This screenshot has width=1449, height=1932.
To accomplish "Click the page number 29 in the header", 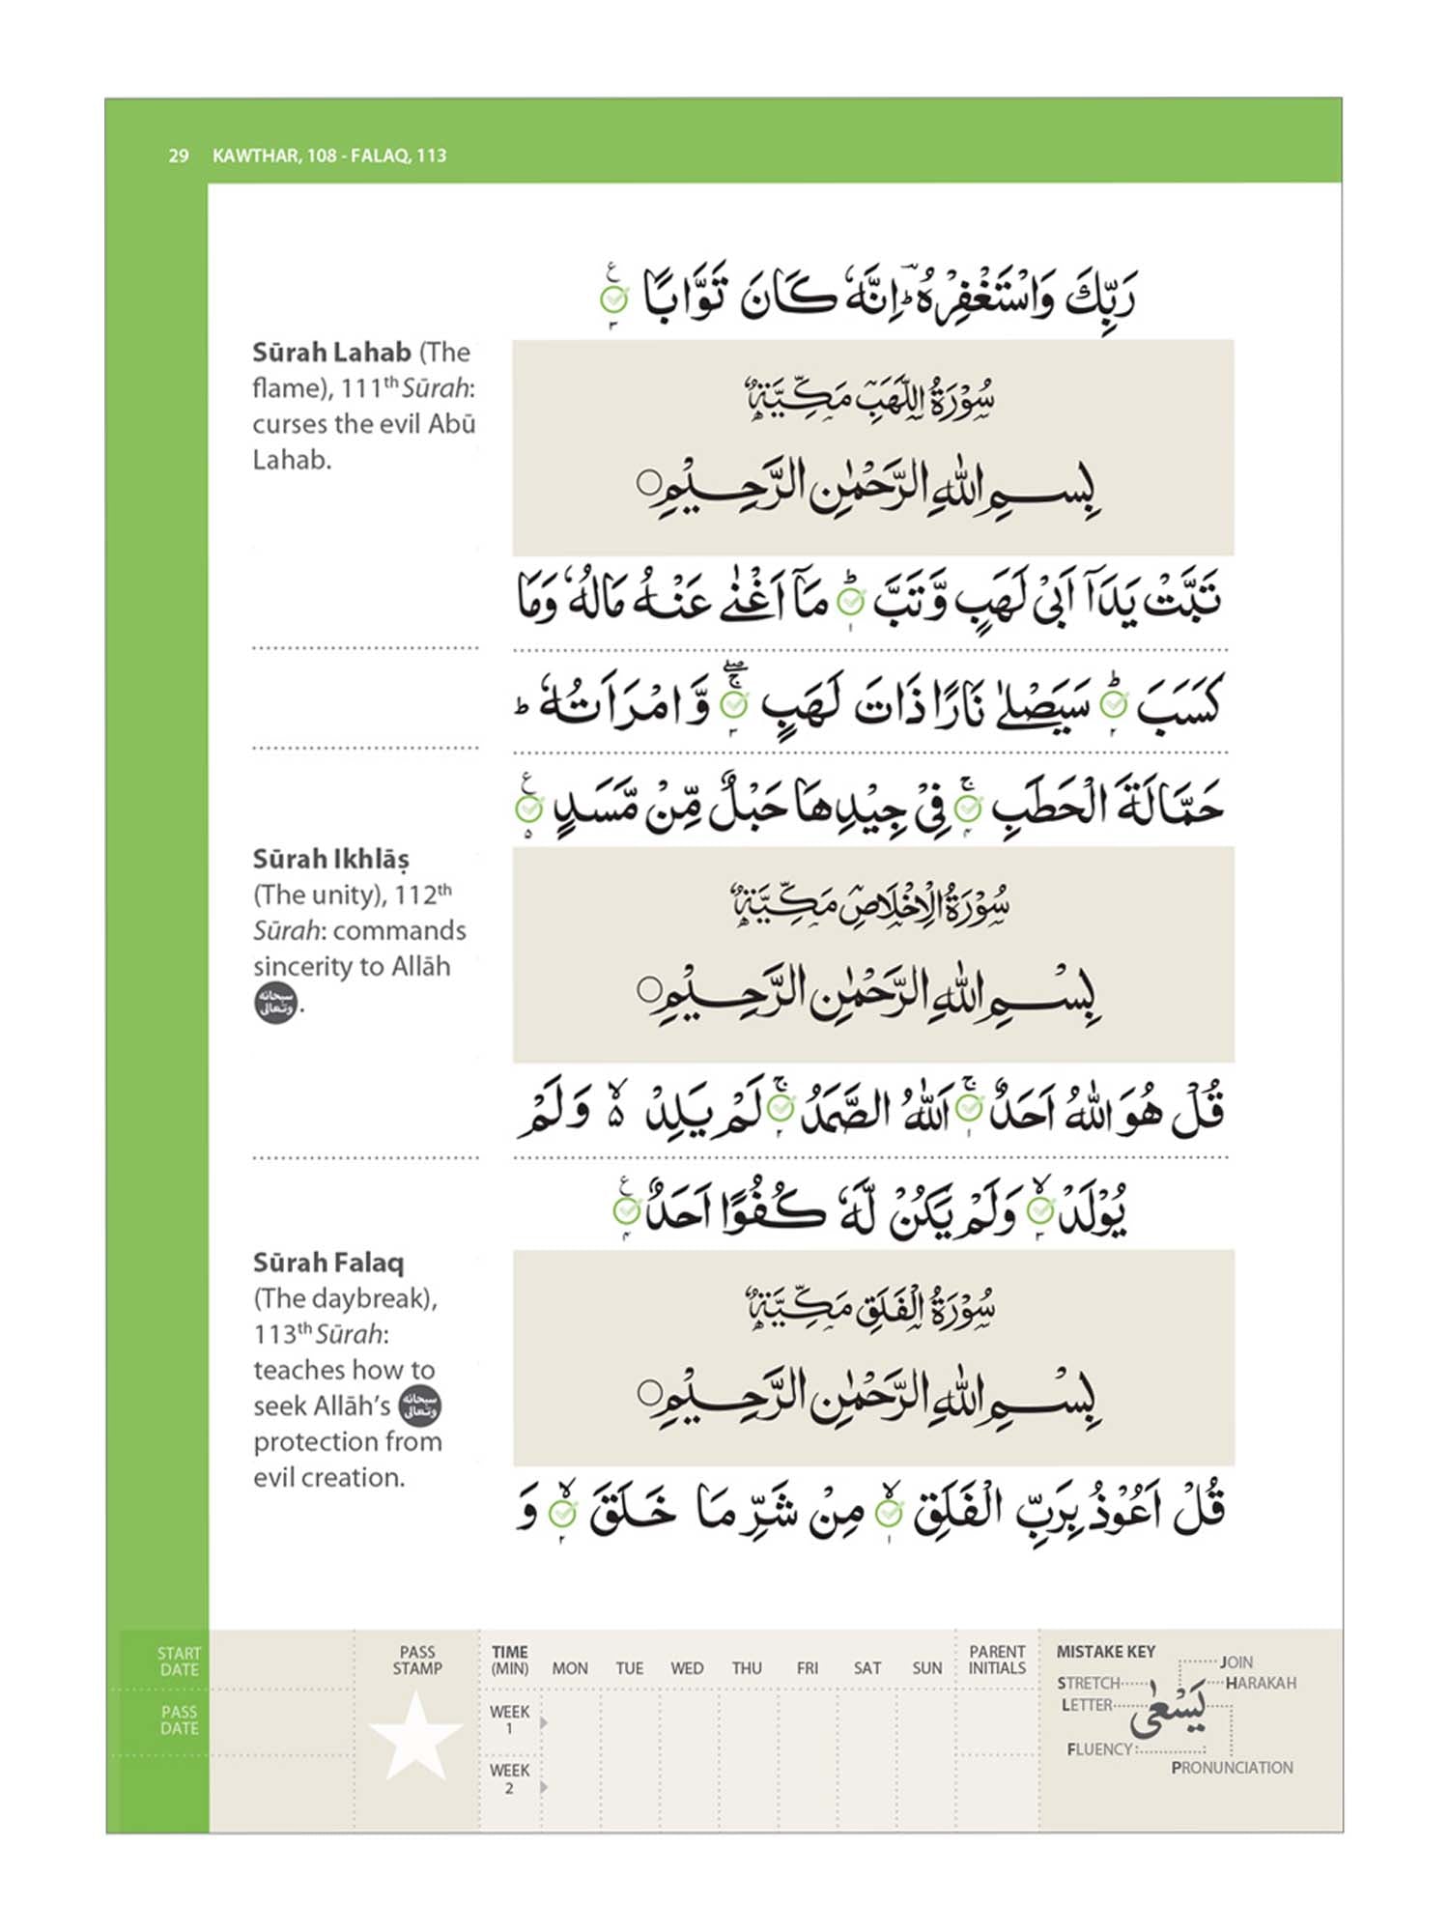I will tap(179, 156).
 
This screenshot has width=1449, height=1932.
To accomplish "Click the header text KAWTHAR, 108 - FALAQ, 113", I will tap(329, 156).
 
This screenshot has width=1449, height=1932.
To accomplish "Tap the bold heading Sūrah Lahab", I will tap(332, 353).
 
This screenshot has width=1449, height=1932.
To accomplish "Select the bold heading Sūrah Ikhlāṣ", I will tap(331, 859).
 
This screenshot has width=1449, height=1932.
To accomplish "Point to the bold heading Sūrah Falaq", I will tap(329, 1263).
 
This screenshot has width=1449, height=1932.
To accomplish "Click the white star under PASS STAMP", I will tap(416, 1738).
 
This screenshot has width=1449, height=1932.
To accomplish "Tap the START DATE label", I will tap(180, 1662).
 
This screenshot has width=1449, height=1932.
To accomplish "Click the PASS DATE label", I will tap(180, 1719).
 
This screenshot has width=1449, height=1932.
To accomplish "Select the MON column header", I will tap(570, 1668).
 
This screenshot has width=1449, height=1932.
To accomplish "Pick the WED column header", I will tap(687, 1668).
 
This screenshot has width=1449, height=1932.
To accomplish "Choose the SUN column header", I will tap(927, 1668).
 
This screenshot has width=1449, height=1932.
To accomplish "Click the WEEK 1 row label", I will tap(509, 1719).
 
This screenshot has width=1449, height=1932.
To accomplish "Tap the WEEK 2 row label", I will tap(509, 1778).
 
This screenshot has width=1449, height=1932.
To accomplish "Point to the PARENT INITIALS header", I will tap(997, 1660).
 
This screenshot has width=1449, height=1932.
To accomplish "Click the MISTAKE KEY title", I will tap(1106, 1652).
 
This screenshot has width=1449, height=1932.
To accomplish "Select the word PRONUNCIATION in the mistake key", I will tap(1232, 1768).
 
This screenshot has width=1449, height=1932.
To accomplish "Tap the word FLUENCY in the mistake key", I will tap(1099, 1749).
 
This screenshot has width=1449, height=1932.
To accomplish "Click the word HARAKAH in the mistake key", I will tap(1261, 1683).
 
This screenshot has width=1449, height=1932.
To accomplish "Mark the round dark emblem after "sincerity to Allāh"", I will tap(276, 1004).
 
